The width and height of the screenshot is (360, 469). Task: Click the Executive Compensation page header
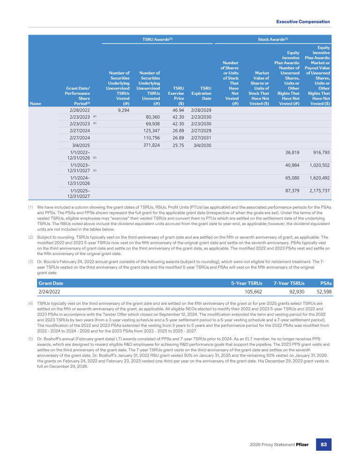(303, 22)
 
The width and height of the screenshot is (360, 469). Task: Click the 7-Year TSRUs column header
(289, 283)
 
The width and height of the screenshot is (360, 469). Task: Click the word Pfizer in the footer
(301, 444)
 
